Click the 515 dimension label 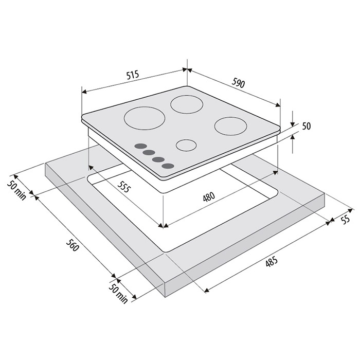pos(133,75)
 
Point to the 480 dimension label pos(209,197)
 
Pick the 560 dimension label pos(73,245)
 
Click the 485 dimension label pos(272,262)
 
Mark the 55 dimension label pos(345,219)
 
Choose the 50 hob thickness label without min pos(307,126)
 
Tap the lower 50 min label pos(118,294)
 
